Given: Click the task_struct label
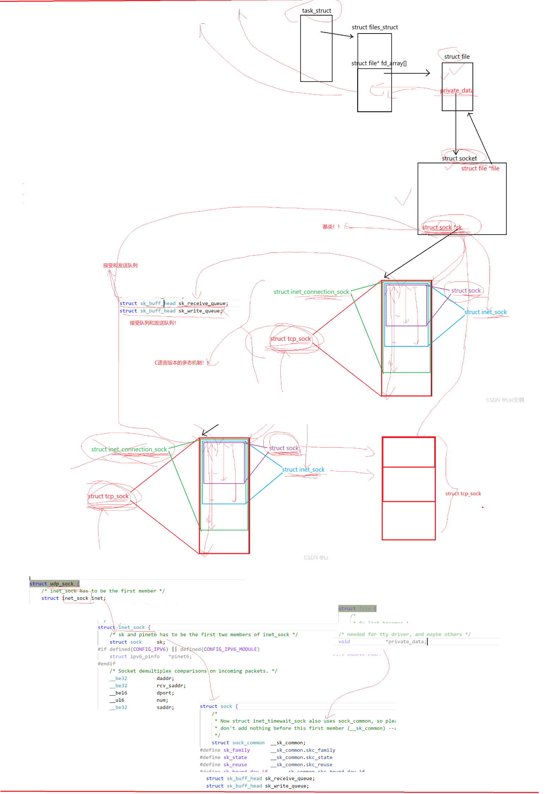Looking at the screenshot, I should tap(316, 11).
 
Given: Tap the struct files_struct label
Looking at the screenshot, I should tap(374, 27).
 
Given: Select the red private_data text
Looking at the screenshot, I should tap(457, 91).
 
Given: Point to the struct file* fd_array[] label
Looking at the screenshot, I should tap(379, 63).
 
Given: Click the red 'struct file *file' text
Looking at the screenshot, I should tap(480, 168).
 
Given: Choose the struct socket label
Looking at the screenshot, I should tap(459, 158).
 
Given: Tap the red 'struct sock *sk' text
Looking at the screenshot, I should tap(442, 227).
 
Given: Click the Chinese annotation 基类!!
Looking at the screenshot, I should tap(331, 226).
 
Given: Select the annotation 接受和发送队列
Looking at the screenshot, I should tap(120, 265).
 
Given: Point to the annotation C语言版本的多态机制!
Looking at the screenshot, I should tap(179, 363).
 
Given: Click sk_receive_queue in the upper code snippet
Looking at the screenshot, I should tap(203, 303).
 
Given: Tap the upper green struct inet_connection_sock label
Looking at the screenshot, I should tap(311, 292).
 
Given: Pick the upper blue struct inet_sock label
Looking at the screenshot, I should tap(485, 312).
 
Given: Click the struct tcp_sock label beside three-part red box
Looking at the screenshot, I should tap(463, 493).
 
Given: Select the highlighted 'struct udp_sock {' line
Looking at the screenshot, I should tap(55, 583).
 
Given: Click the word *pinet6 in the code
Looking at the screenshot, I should tap(180, 656).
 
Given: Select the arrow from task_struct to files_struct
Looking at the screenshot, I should tap(337, 34).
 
